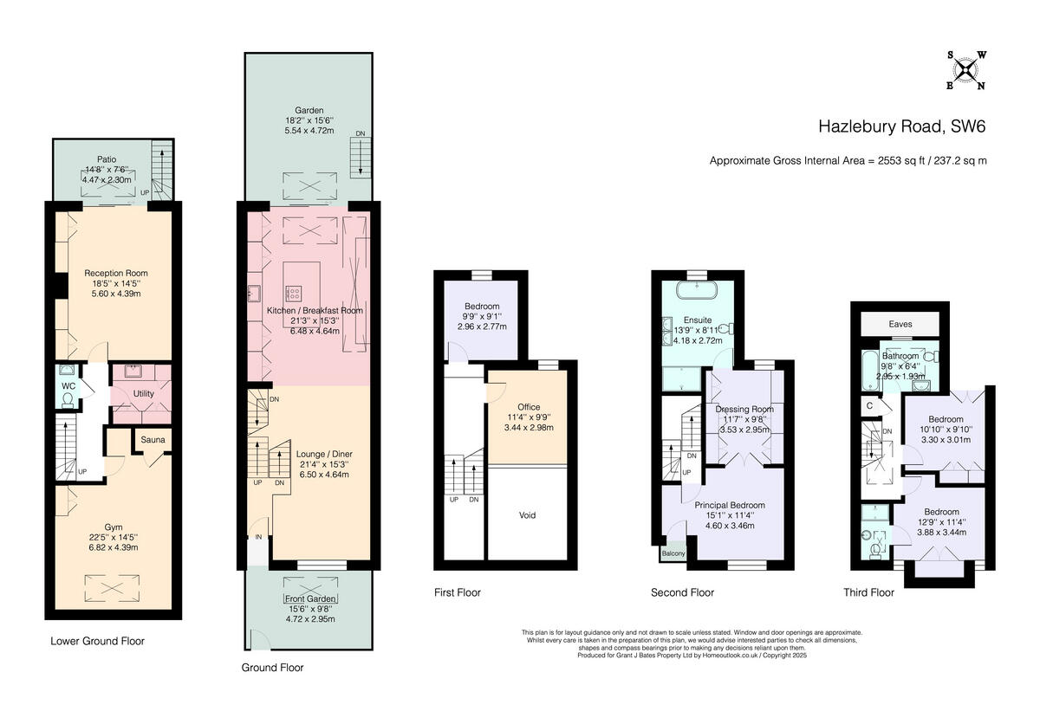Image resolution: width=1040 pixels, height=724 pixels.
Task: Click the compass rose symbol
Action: pyautogui.click(x=965, y=69)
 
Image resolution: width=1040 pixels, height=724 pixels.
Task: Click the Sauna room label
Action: pyautogui.click(x=153, y=440)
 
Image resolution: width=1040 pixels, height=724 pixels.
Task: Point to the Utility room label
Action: pyautogui.click(x=143, y=394)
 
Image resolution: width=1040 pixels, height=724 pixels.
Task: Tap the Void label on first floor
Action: pyautogui.click(x=527, y=515)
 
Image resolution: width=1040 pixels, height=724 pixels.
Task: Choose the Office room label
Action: pyautogui.click(x=529, y=407)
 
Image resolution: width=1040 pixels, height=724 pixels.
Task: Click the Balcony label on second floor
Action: pyautogui.click(x=673, y=553)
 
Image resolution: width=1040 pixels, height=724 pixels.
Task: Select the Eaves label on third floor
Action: pyautogui.click(x=900, y=324)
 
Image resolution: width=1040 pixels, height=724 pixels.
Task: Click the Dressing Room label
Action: pyautogui.click(x=744, y=409)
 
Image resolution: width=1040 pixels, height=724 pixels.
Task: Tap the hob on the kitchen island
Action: pyautogui.click(x=294, y=293)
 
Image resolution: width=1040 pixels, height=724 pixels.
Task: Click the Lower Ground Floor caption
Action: pyautogui.click(x=97, y=642)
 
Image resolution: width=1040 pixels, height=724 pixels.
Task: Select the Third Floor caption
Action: pyautogui.click(x=868, y=593)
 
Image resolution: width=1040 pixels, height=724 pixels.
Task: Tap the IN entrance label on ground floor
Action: pyautogui.click(x=257, y=537)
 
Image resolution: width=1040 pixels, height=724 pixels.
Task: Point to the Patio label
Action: pyautogui.click(x=107, y=159)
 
